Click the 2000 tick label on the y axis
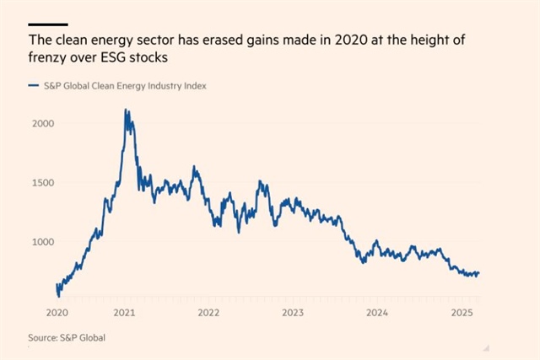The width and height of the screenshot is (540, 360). tap(42, 123)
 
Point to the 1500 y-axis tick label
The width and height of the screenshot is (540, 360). tap(42, 182)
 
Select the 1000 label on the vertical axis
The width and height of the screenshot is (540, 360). tap(42, 241)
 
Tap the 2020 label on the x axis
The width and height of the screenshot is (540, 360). tap(57, 312)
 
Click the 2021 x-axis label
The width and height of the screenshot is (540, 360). tap(124, 312)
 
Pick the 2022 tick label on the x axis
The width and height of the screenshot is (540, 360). tap(208, 312)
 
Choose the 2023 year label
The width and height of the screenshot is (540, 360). tap(292, 312)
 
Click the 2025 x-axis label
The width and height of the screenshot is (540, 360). tap(461, 312)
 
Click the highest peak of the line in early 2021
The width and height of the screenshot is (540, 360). tap(127, 110)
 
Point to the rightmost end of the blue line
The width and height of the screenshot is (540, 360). tap(478, 272)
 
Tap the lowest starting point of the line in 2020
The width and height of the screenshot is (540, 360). tap(58, 296)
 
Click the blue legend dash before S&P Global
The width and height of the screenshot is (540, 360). tap(33, 85)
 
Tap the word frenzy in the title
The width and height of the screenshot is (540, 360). tap(48, 57)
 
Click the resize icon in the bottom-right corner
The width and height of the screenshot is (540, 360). tap(486, 347)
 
